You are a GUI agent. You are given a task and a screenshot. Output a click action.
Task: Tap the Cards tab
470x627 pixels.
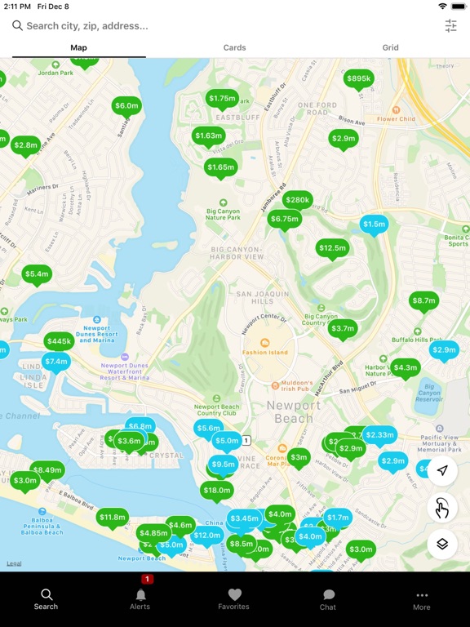pyautogui.click(x=234, y=47)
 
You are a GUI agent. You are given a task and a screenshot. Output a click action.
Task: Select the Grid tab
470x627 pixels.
pyautogui.click(x=391, y=47)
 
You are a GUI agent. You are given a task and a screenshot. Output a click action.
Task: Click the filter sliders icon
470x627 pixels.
pyautogui.click(x=451, y=26)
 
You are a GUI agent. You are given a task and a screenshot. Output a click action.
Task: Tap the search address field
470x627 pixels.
pyautogui.click(x=220, y=26)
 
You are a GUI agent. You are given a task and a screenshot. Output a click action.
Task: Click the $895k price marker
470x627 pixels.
pyautogui.click(x=358, y=79)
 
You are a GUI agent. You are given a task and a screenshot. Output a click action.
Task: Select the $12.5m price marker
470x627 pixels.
pyautogui.click(x=332, y=248)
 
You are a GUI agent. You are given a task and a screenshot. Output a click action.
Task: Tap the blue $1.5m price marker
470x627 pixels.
pyautogui.click(x=374, y=225)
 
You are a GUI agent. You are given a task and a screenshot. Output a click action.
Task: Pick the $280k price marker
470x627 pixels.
pyautogui.click(x=298, y=200)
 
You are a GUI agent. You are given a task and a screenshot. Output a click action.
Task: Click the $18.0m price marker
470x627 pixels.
pyautogui.click(x=217, y=490)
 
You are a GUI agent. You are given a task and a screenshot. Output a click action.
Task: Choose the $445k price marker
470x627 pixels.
pyautogui.click(x=60, y=341)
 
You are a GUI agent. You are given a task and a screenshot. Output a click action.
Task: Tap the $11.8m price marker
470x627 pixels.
pyautogui.click(x=112, y=517)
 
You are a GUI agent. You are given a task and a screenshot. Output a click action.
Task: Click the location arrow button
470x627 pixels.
pyautogui.click(x=442, y=471)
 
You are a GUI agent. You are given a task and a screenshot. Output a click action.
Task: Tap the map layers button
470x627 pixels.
pyautogui.click(x=442, y=544)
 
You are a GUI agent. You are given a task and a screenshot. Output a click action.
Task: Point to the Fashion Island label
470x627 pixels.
pyautogui.click(x=265, y=352)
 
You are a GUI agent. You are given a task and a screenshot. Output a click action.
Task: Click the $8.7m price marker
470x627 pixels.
pyautogui.click(x=423, y=300)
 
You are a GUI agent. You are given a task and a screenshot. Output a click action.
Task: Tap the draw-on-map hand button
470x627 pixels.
pyautogui.click(x=442, y=508)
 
